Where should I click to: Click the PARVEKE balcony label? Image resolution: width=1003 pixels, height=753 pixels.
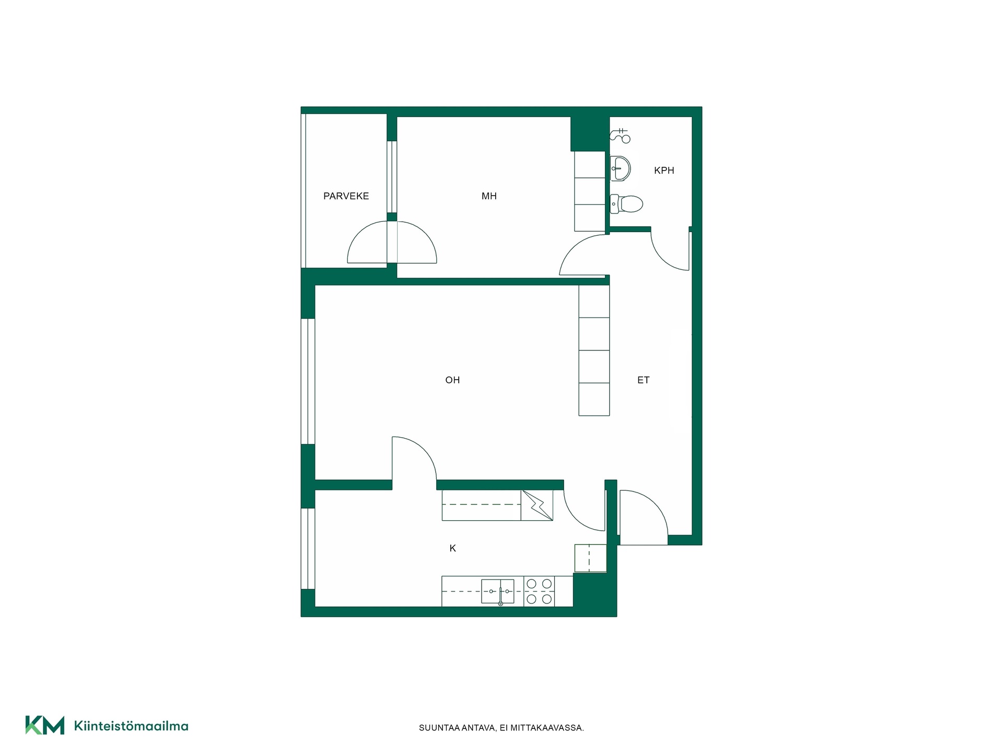click(346, 196)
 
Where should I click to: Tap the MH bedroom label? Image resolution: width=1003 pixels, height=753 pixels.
click(489, 196)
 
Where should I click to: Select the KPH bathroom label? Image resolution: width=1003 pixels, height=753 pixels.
click(664, 170)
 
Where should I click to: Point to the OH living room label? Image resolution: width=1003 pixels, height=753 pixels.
click(452, 380)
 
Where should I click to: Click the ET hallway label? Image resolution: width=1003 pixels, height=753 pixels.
click(643, 380)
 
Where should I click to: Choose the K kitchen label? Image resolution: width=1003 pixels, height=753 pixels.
click(453, 548)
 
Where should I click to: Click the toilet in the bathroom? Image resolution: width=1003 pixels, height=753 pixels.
click(626, 203)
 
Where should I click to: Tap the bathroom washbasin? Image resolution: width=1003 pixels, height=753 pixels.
click(621, 168)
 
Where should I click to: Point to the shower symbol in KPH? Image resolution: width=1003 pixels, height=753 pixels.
click(620, 135)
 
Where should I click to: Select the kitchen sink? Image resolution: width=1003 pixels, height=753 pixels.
click(497, 591)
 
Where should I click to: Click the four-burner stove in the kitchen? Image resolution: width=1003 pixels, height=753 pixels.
click(539, 591)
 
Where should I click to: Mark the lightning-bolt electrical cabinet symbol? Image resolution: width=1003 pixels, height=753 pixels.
click(537, 505)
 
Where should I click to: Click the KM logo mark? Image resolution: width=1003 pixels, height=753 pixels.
click(45, 725)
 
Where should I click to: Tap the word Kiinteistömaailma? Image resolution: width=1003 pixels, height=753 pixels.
click(131, 726)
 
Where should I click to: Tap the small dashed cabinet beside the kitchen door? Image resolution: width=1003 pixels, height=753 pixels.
click(590, 558)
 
